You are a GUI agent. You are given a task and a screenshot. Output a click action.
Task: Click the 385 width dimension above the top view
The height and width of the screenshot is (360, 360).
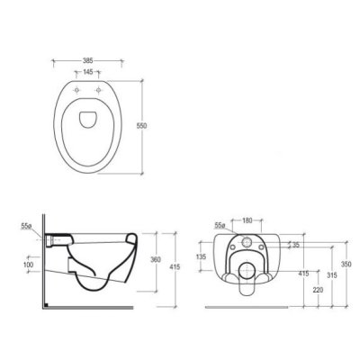click(x=87, y=60)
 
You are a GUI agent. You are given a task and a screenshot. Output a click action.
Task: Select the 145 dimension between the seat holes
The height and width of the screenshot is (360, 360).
click(x=87, y=72)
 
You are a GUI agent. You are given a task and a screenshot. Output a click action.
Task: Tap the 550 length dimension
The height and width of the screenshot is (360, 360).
click(x=142, y=126)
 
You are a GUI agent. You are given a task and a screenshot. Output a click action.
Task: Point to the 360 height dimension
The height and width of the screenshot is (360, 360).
click(x=157, y=259)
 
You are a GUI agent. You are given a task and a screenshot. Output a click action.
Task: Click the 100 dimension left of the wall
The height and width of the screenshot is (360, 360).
click(x=28, y=265)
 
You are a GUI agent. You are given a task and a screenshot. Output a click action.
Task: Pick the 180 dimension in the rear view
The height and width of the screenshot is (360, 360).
click(x=247, y=220)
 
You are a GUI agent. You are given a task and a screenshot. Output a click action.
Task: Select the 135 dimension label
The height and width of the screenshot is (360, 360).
click(x=202, y=256)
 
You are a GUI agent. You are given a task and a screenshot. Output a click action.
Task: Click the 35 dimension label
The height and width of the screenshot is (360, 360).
click(x=296, y=245)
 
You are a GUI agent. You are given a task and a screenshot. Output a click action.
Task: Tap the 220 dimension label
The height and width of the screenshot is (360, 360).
click(x=318, y=291)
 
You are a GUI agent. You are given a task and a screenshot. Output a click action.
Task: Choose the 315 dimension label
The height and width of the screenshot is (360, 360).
click(x=332, y=275)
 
